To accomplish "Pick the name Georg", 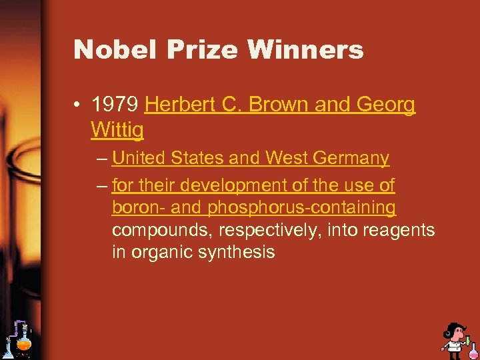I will point(387,105).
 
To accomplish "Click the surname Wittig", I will point(117,131).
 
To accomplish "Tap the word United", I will point(141,159).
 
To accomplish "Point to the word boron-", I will point(139,208).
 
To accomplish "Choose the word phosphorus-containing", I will point(302,208).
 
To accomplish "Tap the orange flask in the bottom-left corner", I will point(24,344).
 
